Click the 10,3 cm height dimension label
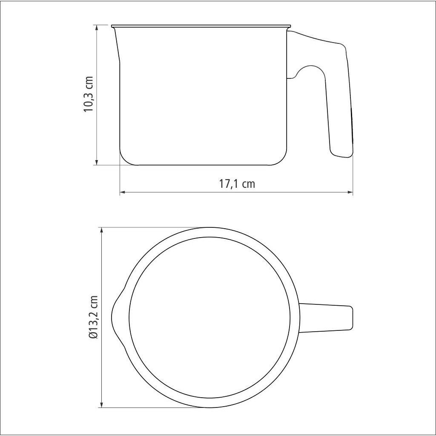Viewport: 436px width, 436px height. tap(89, 94)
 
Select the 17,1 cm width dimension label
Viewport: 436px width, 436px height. tap(237, 184)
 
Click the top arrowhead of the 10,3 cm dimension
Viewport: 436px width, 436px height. tap(97, 28)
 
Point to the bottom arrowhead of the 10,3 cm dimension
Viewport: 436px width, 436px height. tap(97, 162)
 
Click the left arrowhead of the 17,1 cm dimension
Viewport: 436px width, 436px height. tap(123, 192)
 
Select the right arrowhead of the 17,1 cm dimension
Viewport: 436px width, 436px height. tap(350, 192)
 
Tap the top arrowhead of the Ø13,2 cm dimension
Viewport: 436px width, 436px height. tap(102, 230)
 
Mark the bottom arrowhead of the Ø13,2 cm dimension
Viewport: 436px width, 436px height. tap(102, 404)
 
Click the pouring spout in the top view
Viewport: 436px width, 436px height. tap(118, 317)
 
